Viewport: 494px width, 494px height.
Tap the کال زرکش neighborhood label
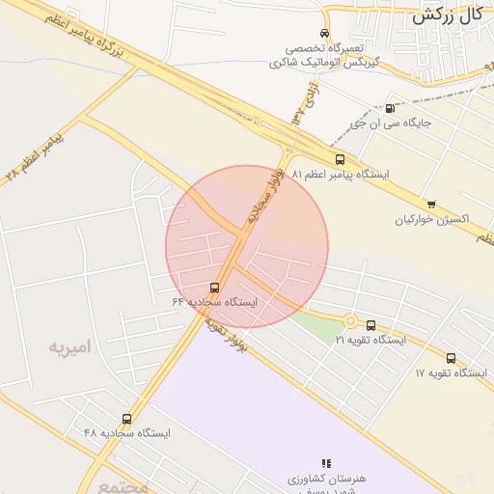tap(447, 14)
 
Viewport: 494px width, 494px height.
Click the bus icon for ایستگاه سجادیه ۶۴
tap(214, 287)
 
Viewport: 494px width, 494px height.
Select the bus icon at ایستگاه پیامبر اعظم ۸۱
tap(339, 159)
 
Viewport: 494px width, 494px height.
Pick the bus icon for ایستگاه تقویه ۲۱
tap(371, 325)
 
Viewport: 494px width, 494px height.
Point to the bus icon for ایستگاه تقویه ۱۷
tap(451, 358)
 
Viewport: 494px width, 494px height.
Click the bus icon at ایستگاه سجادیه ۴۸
tap(126, 418)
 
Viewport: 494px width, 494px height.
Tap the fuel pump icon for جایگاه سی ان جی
tap(389, 108)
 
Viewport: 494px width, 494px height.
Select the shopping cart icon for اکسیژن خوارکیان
tap(430, 204)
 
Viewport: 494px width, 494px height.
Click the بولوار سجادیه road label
tap(264, 193)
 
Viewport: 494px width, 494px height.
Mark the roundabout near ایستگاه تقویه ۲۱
tap(350, 321)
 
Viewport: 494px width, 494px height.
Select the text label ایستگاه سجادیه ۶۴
tap(215, 302)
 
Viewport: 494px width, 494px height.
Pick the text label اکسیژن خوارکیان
tap(431, 219)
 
